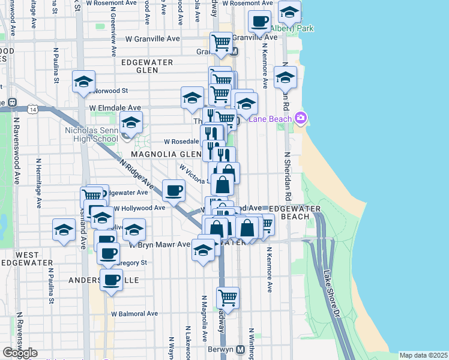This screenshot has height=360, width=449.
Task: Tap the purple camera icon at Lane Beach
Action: coord(300,118)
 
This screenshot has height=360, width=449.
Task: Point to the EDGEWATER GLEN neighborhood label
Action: coord(147,66)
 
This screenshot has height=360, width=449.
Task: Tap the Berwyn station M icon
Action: coord(240,349)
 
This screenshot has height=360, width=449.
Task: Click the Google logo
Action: coord(20,353)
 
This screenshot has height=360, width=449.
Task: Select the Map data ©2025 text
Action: coord(424,355)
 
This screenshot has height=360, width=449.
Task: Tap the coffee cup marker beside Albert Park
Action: coord(260,22)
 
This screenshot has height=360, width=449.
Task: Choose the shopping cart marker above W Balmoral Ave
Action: coord(228,296)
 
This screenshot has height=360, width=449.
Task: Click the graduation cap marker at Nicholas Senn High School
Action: coord(130,123)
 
